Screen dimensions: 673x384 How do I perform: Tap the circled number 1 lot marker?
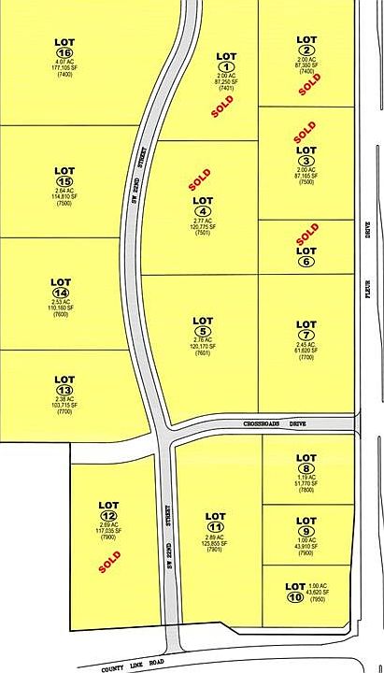pyautogui.click(x=225, y=66)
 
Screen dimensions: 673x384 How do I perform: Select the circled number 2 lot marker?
pyautogui.click(x=306, y=50)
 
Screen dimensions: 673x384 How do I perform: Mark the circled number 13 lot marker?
pyautogui.click(x=64, y=390)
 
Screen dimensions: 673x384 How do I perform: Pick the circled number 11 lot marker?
pyautogui.click(x=216, y=528)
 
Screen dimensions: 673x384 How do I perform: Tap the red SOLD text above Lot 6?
pyautogui.click(x=306, y=228)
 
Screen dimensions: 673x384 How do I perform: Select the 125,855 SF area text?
pyautogui.click(x=216, y=544)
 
